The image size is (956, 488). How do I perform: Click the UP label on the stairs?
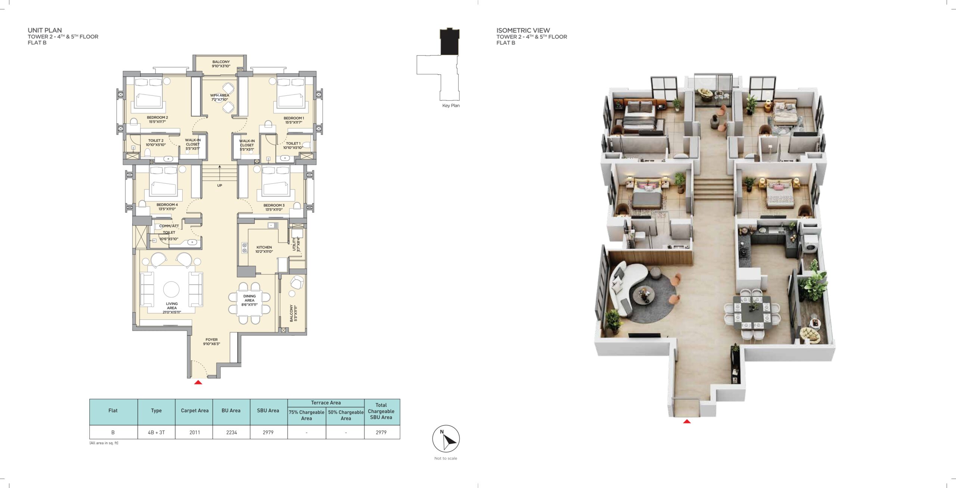click(x=220, y=185)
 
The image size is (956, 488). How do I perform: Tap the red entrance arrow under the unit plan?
click(x=198, y=382)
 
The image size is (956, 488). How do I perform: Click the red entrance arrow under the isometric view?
click(x=687, y=421)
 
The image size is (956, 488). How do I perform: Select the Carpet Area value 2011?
click(x=195, y=432)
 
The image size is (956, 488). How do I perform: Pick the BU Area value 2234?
click(x=232, y=432)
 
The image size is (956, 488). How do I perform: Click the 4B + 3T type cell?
click(x=156, y=432)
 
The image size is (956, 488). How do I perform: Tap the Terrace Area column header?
click(x=326, y=403)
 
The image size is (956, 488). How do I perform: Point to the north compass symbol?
click(x=446, y=439)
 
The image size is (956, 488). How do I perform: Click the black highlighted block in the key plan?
click(x=450, y=42)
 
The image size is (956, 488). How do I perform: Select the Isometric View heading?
click(x=523, y=30)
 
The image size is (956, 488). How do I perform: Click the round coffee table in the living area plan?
click(x=171, y=289)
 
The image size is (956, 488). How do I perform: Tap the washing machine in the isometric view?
click(x=809, y=245)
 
